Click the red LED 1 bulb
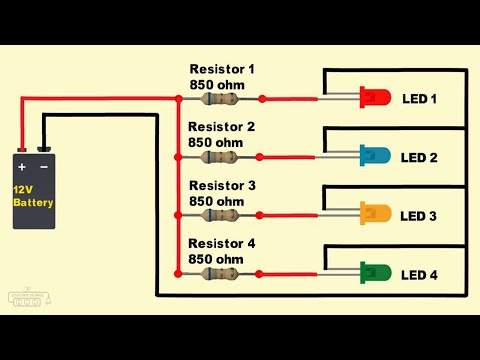(x=376, y=98)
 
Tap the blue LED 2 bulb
(x=376, y=156)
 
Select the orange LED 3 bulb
(x=376, y=214)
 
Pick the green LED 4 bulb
(x=376, y=272)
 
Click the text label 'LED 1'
(x=419, y=99)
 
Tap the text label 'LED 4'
(x=419, y=274)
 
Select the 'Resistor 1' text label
(x=222, y=69)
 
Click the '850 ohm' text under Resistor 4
(x=216, y=259)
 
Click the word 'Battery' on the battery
(x=34, y=203)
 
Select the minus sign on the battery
(x=44, y=166)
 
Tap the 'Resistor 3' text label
(x=222, y=186)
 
